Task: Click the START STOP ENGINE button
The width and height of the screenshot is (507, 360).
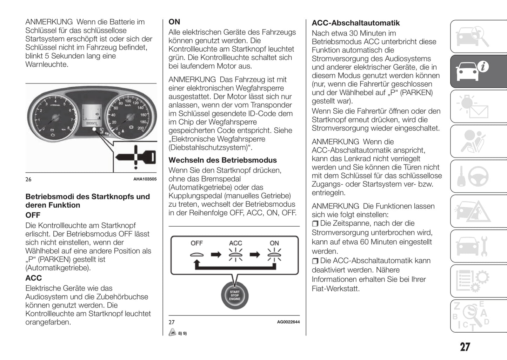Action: point(234,295)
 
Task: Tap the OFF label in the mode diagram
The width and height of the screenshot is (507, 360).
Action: point(196,243)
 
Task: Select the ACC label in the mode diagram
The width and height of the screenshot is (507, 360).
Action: point(235,243)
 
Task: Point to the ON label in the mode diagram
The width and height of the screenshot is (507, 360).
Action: point(274,243)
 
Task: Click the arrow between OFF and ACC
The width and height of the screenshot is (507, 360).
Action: point(216,254)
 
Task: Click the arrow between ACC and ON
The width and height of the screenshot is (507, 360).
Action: point(255,254)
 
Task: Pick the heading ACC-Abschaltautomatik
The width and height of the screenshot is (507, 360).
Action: point(356,23)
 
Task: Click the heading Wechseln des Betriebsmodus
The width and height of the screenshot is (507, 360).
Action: point(222,160)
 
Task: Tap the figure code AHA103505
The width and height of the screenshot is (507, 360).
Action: point(145,179)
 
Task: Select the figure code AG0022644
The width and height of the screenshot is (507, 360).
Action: point(288,322)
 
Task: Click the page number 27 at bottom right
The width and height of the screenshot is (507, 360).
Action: point(465,347)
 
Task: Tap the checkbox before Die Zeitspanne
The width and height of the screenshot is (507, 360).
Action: point(315,224)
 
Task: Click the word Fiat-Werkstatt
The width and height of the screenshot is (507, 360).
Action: point(335,289)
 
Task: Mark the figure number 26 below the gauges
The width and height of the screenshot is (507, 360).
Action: point(28,179)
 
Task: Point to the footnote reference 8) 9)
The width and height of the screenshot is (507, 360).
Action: point(182,333)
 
